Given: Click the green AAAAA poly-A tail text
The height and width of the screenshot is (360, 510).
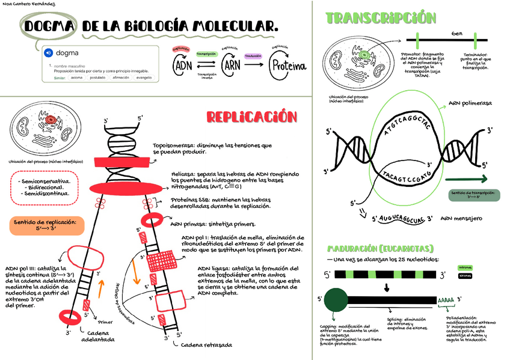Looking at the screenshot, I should tap(446, 300).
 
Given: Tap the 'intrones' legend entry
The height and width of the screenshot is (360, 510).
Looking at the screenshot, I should tap(465, 267).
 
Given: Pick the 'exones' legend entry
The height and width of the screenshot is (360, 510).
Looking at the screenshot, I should tap(465, 276).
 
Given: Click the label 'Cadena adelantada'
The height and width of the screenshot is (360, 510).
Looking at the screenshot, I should tap(98, 336).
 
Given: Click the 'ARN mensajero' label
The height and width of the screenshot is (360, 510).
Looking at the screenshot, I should tap(461, 219).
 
